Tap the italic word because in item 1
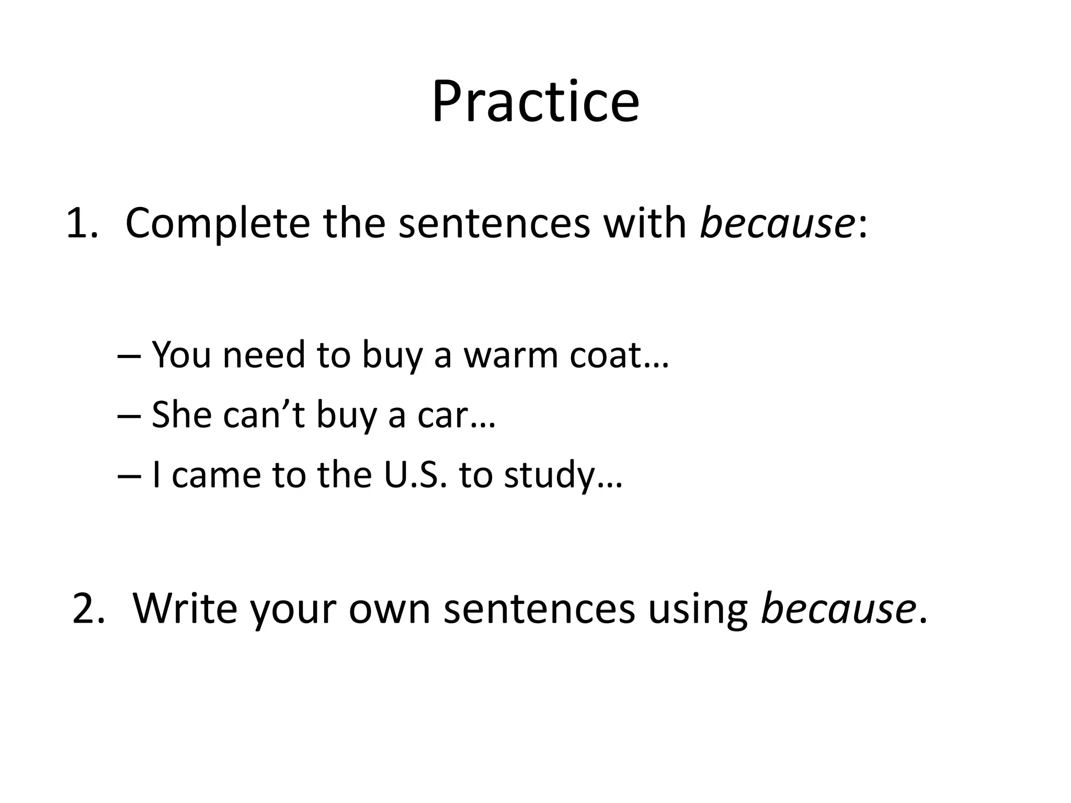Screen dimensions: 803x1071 pyautogui.click(x=777, y=223)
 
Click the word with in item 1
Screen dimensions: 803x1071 pyautogui.click(x=644, y=223)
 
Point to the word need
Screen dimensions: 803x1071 pyautogui.click(x=264, y=355)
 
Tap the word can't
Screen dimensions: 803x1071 pyautogui.click(x=264, y=415)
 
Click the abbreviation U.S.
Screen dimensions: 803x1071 pyautogui.click(x=416, y=475)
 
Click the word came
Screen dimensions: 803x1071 pyautogui.click(x=216, y=475)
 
